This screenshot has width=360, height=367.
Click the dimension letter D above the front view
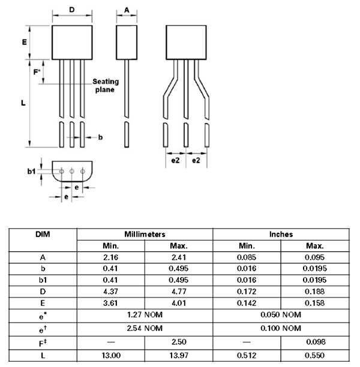[72, 10]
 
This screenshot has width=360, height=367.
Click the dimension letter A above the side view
[127, 10]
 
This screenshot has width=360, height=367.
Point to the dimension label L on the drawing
[23, 103]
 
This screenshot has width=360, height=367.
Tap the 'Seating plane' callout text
[106, 86]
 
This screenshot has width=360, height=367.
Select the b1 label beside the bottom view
[31, 172]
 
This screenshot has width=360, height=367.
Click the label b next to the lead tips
[100, 137]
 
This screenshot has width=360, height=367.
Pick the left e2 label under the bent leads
[175, 161]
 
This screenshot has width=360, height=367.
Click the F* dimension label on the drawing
[37, 73]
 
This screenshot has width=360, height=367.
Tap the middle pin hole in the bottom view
[72, 172]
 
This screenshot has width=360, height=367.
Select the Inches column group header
[281, 234]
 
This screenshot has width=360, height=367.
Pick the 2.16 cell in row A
[112, 257]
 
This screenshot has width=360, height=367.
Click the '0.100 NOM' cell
[281, 328]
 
